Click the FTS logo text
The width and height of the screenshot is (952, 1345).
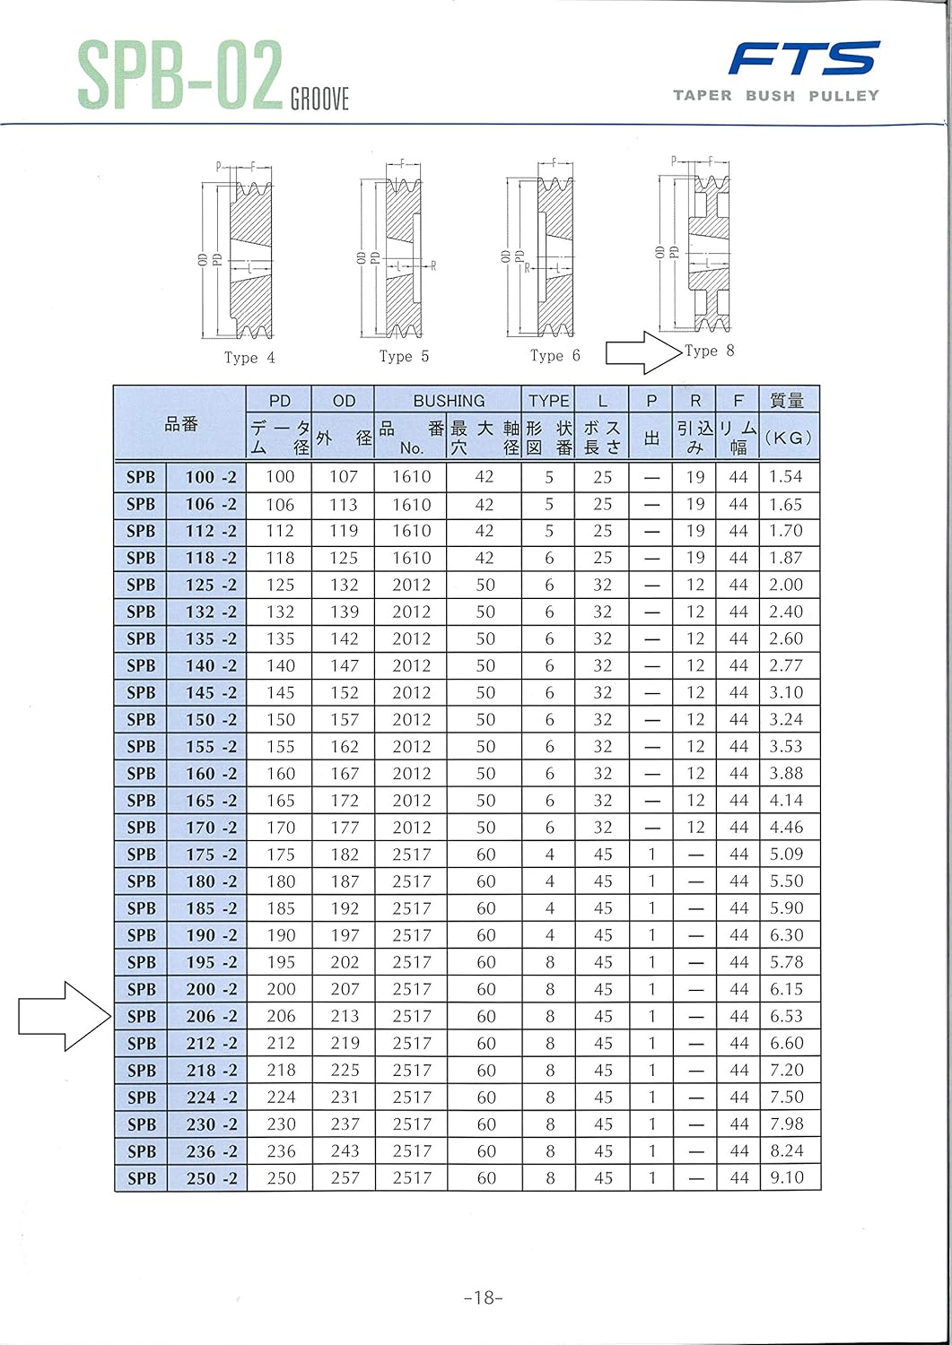[x=803, y=59]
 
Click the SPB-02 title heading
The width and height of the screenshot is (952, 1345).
[x=179, y=76]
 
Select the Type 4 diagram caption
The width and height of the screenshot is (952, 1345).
[x=249, y=358]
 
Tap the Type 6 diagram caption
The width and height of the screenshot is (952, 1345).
[x=555, y=356]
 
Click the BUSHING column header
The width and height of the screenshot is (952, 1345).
[x=448, y=401]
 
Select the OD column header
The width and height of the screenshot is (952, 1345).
[x=344, y=401]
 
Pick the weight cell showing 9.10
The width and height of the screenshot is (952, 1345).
[x=786, y=1177]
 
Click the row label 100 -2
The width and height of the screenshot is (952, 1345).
[x=211, y=477]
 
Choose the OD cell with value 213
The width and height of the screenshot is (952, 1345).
[x=344, y=1016]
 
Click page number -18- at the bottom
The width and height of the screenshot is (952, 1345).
[x=484, y=1297]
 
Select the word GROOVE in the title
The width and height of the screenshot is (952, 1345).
[x=319, y=99]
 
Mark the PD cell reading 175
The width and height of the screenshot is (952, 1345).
[x=280, y=855]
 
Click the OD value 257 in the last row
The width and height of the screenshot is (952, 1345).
[x=344, y=1177]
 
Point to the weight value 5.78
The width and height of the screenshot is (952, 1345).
[x=786, y=962]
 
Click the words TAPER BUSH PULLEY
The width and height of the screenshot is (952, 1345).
[x=776, y=95]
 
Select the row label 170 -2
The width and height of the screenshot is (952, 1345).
[x=211, y=828]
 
